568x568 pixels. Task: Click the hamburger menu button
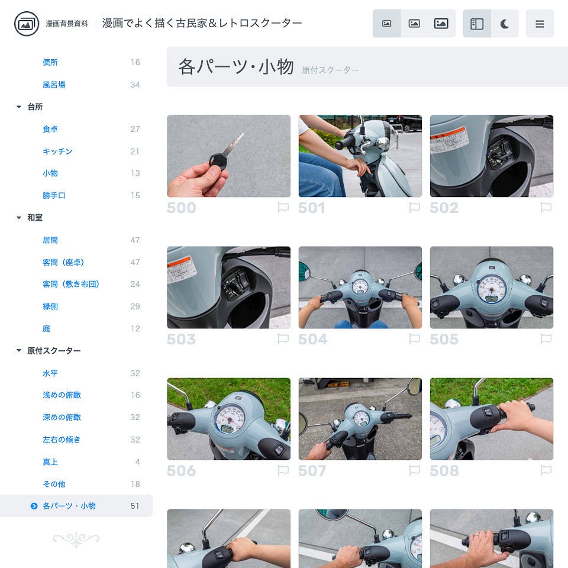pyautogui.click(x=540, y=24)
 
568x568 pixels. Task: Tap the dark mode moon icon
pyautogui.click(x=505, y=24)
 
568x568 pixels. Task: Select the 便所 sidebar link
pyautogui.click(x=50, y=62)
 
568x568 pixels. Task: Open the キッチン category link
pyautogui.click(x=57, y=151)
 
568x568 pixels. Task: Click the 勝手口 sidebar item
pyautogui.click(x=54, y=195)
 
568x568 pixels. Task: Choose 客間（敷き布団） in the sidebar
pyautogui.click(x=71, y=284)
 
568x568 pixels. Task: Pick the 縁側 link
pyautogui.click(x=50, y=306)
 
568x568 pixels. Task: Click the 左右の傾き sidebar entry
pyautogui.click(x=62, y=440)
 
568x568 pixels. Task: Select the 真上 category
pyautogui.click(x=50, y=462)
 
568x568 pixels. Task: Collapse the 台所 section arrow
pyautogui.click(x=19, y=107)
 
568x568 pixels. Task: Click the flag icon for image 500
pyautogui.click(x=283, y=208)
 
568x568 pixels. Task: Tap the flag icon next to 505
pyautogui.click(x=546, y=339)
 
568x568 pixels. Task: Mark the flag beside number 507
pyautogui.click(x=414, y=470)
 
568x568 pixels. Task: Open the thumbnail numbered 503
pyautogui.click(x=228, y=288)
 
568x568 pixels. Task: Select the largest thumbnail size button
pyautogui.click(x=441, y=24)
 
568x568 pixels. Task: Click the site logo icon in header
pyautogui.click(x=26, y=24)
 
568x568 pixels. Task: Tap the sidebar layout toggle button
pyautogui.click(x=477, y=24)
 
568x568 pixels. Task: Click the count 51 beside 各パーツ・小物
pyautogui.click(x=135, y=506)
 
